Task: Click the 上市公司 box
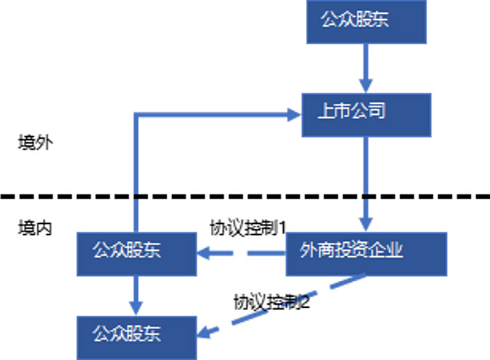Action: click(366, 114)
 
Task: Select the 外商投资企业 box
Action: click(366, 254)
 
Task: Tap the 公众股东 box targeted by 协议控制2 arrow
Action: click(137, 337)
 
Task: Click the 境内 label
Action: click(35, 228)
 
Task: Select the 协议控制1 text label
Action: click(248, 228)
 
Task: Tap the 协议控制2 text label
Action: click(271, 302)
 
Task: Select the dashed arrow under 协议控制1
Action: click(243, 254)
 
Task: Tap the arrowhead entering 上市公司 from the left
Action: click(294, 114)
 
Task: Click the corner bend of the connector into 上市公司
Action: click(137, 115)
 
